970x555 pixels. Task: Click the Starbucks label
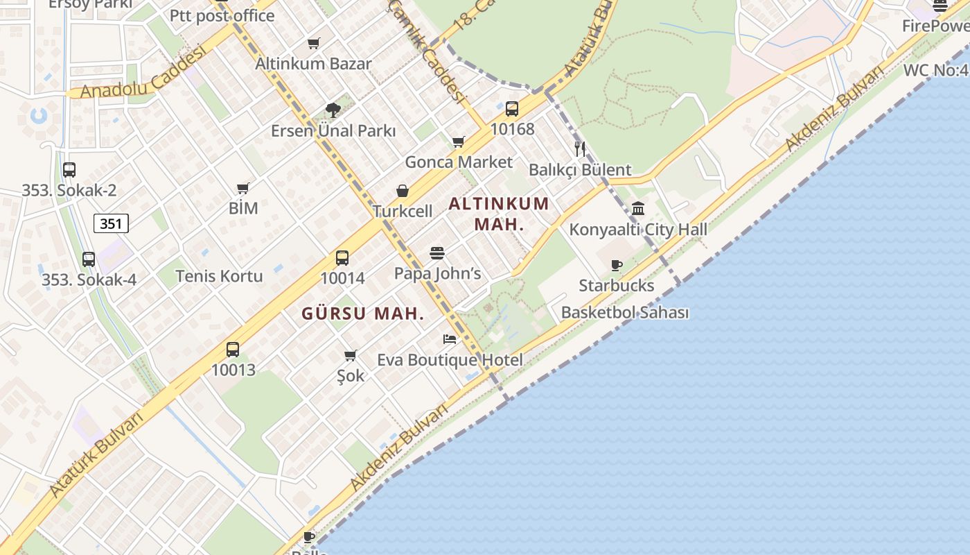coord(616,285)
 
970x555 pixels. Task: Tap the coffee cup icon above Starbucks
coord(616,265)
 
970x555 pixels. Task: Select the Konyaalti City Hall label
coord(638,230)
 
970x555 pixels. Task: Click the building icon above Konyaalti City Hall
coord(638,208)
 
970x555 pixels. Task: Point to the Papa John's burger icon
coord(436,253)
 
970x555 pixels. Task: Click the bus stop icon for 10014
coord(342,258)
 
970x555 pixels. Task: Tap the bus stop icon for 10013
coord(233,350)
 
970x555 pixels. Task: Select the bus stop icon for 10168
coord(512,109)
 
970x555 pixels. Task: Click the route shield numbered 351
coord(111,223)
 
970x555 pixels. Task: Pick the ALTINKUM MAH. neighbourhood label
coord(499,214)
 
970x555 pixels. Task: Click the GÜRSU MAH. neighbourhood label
coord(362,314)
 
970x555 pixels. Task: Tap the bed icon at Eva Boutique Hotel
coord(450,339)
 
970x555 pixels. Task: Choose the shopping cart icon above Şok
coord(351,356)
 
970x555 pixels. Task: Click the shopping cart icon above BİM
coord(242,188)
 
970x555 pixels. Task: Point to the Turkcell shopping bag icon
coord(402,191)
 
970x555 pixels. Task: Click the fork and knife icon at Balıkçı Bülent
coord(580,148)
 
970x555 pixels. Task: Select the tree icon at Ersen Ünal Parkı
coord(333,110)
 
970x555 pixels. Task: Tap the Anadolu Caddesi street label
coord(144,72)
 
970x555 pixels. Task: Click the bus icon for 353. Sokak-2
coord(69,170)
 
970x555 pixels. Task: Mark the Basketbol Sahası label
coord(624,312)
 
